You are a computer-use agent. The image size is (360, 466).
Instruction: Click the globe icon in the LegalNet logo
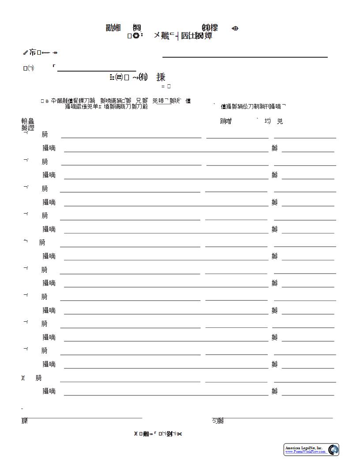tap(333, 450)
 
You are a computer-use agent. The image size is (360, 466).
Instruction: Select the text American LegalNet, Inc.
tap(304, 448)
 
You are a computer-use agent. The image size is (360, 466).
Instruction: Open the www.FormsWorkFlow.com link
tap(305, 452)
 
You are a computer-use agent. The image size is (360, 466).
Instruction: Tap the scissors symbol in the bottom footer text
tap(180, 434)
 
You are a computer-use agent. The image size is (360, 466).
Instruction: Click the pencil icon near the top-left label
tap(25, 53)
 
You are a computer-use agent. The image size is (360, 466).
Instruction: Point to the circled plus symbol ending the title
tap(235, 29)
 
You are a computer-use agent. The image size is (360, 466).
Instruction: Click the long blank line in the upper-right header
tap(245, 57)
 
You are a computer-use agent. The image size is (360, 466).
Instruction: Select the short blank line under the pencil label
tap(97, 71)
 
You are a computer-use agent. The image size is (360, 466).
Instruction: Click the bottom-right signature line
tap(278, 417)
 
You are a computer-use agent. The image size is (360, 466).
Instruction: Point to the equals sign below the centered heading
tap(163, 86)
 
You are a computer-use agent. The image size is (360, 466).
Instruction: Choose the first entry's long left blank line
tap(131, 138)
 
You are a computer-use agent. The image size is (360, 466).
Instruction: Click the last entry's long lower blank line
tap(166, 395)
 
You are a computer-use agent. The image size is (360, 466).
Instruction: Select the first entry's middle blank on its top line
tap(237, 138)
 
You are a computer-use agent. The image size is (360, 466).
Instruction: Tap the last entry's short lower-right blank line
tap(308, 395)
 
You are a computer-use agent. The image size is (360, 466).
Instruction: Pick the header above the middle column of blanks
tap(226, 121)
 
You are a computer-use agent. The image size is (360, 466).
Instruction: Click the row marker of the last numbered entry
tap(23, 378)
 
